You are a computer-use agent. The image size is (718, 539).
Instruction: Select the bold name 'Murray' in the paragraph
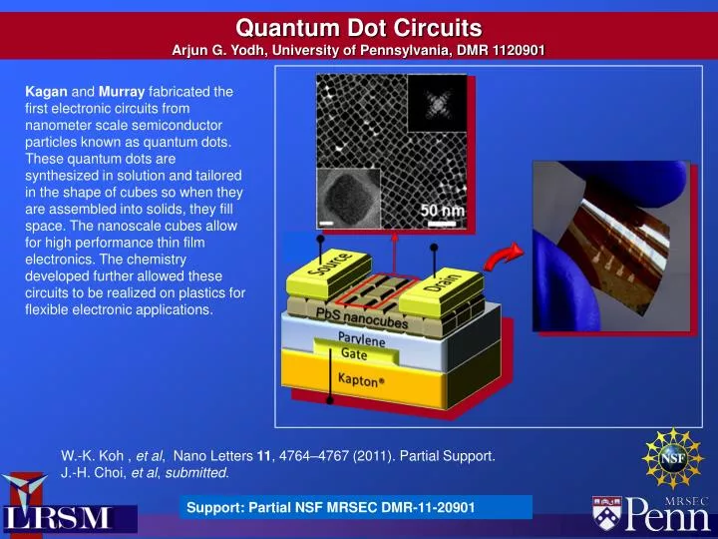pos(123,92)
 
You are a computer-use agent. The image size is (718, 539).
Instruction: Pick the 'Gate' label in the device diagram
pos(354,354)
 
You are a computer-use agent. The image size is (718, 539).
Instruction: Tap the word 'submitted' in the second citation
pos(198,472)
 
